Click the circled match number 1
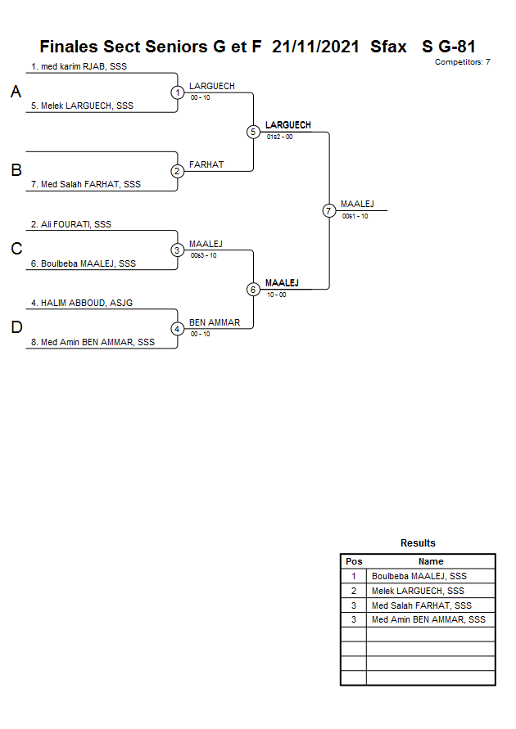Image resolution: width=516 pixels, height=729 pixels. tap(178, 92)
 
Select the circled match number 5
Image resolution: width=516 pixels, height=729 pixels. tap(253, 132)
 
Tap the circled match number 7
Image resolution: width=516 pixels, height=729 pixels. tap(328, 210)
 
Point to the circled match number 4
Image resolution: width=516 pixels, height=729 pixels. tap(178, 329)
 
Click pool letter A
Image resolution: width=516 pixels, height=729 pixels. tap(16, 93)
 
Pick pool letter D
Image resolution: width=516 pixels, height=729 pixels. tap(16, 328)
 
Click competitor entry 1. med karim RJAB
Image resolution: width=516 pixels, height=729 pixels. tap(79, 66)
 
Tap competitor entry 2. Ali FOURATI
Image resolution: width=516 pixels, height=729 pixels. tap(70, 223)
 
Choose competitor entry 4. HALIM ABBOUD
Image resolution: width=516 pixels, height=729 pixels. tap(81, 303)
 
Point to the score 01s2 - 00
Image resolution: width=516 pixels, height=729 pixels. tap(279, 137)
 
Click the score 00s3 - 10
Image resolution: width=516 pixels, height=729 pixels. tap(203, 255)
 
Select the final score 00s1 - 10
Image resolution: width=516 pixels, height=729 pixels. tap(355, 216)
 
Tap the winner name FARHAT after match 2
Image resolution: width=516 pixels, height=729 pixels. tap(206, 164)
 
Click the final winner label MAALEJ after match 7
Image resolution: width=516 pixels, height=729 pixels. tap(357, 204)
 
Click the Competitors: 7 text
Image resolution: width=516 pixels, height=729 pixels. tap(462, 62)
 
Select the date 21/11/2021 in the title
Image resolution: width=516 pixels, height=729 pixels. tap(315, 47)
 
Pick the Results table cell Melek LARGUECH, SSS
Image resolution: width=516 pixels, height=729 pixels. tap(418, 591)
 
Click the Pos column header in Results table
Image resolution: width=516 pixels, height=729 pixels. tap(354, 561)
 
